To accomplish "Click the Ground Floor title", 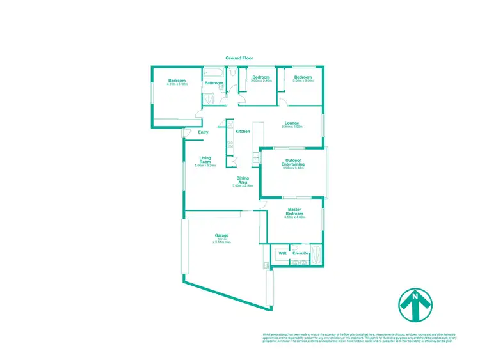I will point(239,58).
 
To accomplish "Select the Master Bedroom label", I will point(294,212).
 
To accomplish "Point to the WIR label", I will point(282,254).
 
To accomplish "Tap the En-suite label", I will point(300,254).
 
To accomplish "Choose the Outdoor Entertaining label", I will point(293,162).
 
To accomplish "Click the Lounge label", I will point(292,123).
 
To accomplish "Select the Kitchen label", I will point(243,131).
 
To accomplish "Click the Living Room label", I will point(205,160).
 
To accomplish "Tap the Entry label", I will point(203,132).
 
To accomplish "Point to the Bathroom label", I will point(214,83).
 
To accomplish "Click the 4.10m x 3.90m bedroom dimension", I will point(177,84).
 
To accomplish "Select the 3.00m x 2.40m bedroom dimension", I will point(260,81).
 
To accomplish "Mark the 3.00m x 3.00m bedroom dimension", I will point(303,81).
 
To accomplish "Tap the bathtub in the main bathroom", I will point(213,72).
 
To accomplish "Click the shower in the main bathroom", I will point(209,99).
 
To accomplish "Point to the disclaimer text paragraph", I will point(364,337).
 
